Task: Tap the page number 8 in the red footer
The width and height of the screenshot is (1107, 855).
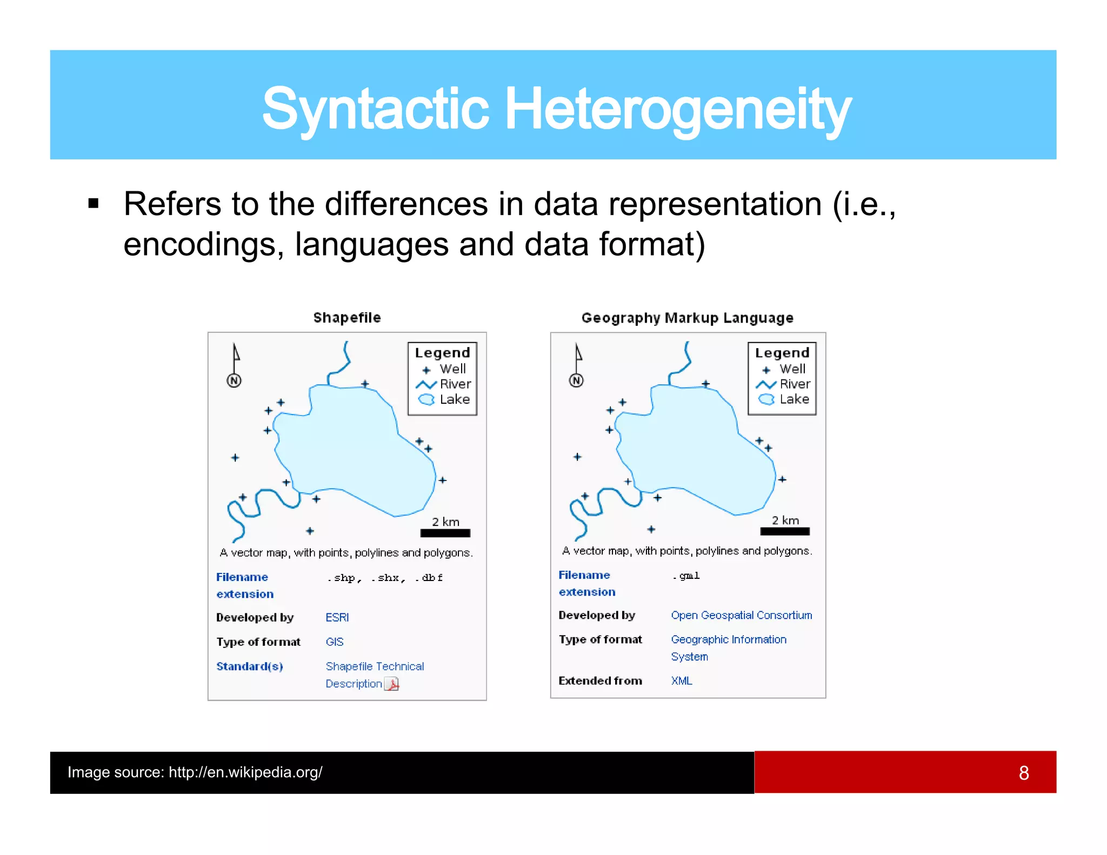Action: click(x=1023, y=773)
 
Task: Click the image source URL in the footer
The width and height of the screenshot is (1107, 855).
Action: click(x=245, y=772)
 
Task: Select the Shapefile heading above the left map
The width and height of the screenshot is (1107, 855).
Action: click(x=347, y=318)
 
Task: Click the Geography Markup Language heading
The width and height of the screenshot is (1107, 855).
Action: click(x=687, y=318)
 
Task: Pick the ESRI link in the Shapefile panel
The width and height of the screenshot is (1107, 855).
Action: click(x=337, y=617)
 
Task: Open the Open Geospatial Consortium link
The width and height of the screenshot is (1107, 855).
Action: click(x=741, y=615)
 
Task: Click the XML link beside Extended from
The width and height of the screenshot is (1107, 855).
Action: click(x=681, y=680)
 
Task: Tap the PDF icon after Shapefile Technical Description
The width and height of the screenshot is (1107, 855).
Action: click(x=392, y=684)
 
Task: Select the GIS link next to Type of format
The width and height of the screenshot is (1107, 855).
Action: click(x=335, y=642)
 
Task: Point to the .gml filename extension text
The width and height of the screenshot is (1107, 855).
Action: click(x=686, y=576)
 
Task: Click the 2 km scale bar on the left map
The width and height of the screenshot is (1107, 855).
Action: click(x=445, y=533)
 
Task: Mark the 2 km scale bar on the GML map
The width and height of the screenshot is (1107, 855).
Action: click(x=784, y=531)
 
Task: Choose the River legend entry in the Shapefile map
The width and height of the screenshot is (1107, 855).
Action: click(x=444, y=384)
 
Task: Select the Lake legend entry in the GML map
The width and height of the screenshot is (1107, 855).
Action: click(x=784, y=399)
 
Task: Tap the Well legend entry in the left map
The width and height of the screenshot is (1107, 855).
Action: click(x=444, y=369)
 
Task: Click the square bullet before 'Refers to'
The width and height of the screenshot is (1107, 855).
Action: click(x=94, y=204)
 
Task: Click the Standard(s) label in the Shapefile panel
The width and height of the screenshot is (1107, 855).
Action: click(x=250, y=666)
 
